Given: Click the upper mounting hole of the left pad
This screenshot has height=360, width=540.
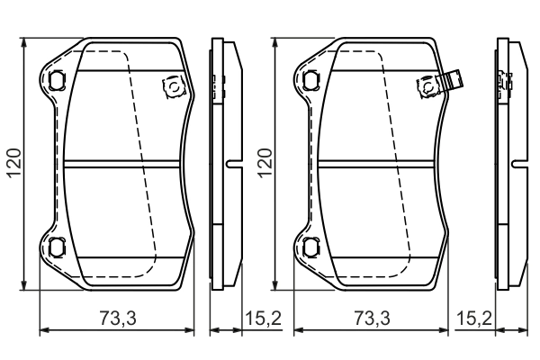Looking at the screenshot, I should (57, 79).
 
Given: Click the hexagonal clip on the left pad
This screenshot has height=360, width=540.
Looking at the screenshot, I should (170, 86).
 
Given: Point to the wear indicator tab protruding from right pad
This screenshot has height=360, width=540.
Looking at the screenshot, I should (454, 80).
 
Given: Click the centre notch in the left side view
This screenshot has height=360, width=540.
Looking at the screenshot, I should (231, 164).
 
